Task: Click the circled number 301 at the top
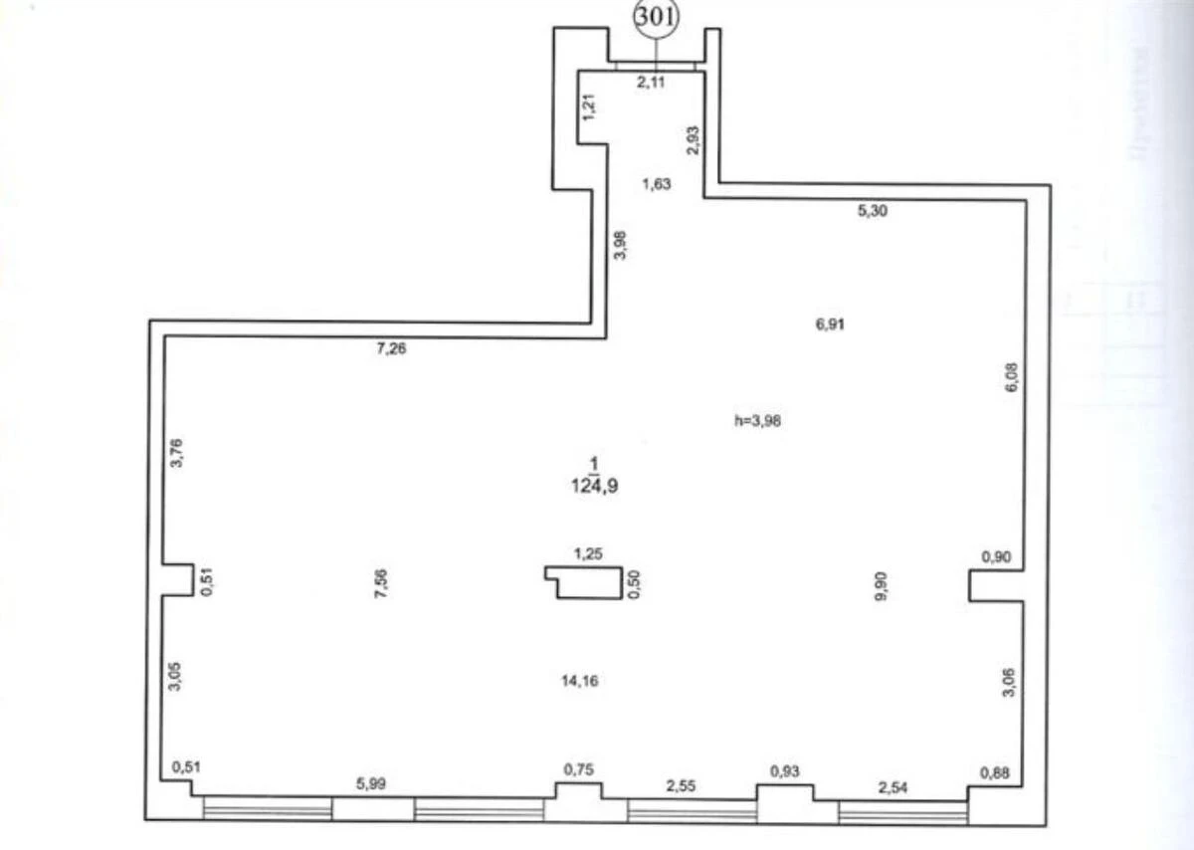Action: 655,19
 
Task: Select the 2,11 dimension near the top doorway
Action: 652,83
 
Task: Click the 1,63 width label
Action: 656,183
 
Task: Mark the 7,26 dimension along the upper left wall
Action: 392,348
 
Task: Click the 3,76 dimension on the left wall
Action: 177,453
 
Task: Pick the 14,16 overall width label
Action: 579,681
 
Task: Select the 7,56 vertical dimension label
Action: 382,582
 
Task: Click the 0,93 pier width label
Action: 785,770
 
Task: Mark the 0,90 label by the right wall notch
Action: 996,557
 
